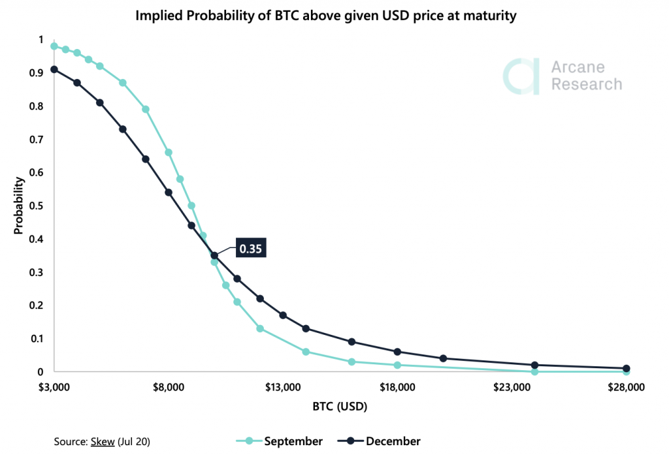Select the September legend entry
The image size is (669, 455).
[293, 441]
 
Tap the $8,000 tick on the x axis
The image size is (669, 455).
[169, 388]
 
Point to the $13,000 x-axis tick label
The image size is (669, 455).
[283, 388]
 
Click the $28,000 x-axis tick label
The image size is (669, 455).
[626, 388]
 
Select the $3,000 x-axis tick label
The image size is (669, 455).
[54, 388]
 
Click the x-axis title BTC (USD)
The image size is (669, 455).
[339, 407]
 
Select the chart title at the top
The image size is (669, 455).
[326, 16]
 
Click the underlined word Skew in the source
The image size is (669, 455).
[100, 442]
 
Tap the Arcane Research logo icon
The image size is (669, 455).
[521, 76]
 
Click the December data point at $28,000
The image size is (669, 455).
[626, 369]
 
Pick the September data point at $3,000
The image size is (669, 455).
[54, 46]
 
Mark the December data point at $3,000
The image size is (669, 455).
[54, 69]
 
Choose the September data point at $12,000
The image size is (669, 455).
[260, 328]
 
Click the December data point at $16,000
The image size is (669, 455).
[351, 341]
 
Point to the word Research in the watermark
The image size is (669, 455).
[587, 84]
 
